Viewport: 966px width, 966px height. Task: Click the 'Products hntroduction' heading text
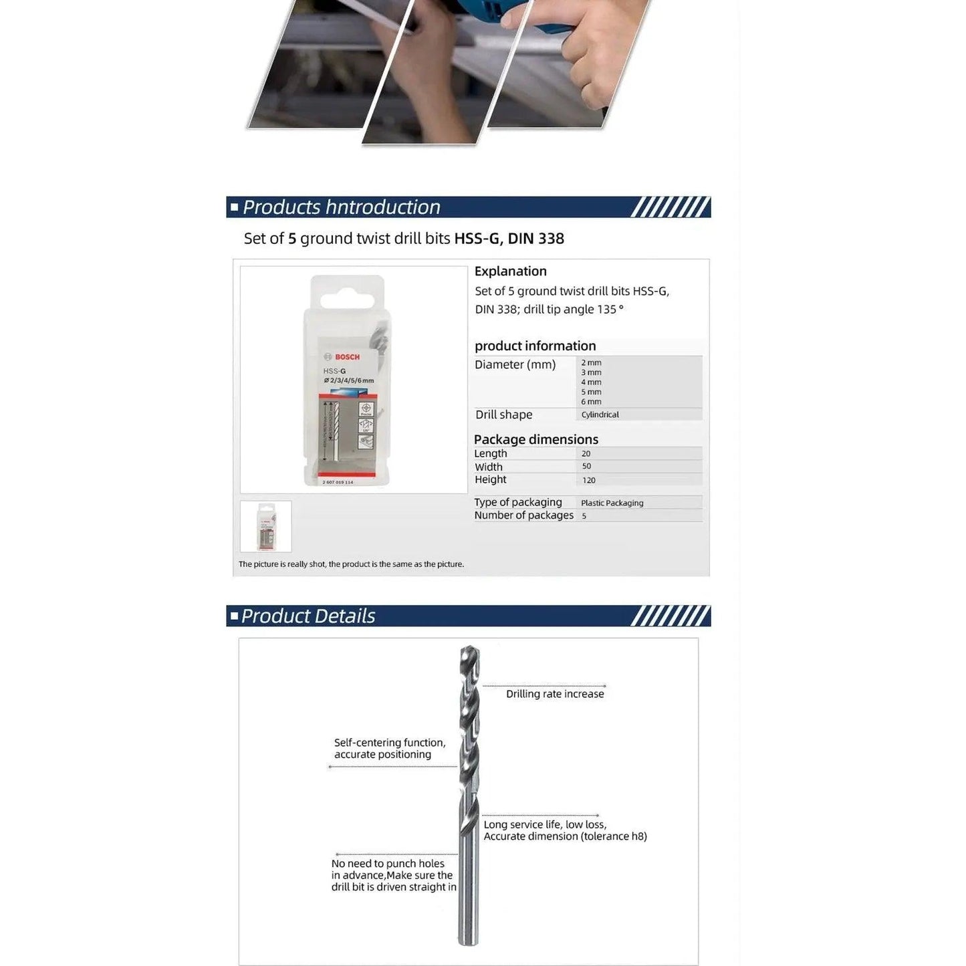tap(341, 207)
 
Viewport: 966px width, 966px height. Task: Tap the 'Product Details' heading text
tap(308, 616)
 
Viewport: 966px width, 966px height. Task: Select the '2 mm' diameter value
tap(591, 363)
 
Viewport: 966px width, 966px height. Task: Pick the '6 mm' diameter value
tap(591, 402)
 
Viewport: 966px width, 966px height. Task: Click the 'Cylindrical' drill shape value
tap(600, 414)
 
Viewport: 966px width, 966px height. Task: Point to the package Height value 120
tap(588, 480)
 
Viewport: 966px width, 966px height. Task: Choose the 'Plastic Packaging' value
tap(612, 503)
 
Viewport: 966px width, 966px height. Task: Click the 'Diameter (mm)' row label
tap(515, 364)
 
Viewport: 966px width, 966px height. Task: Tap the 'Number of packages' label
tap(523, 515)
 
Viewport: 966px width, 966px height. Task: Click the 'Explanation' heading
tap(510, 271)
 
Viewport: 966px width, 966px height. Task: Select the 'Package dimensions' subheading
tap(535, 439)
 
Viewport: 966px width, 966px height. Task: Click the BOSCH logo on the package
tap(342, 357)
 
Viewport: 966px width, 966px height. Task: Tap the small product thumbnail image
tap(265, 526)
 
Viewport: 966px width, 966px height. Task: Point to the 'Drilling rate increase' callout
tap(554, 694)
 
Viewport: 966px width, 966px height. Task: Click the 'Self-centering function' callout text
tap(389, 743)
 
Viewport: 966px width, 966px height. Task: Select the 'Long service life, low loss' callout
tap(545, 825)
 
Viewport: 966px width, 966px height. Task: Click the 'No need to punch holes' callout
tap(388, 864)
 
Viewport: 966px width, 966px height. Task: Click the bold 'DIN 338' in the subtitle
tap(535, 239)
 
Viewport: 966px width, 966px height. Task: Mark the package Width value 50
tap(586, 467)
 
